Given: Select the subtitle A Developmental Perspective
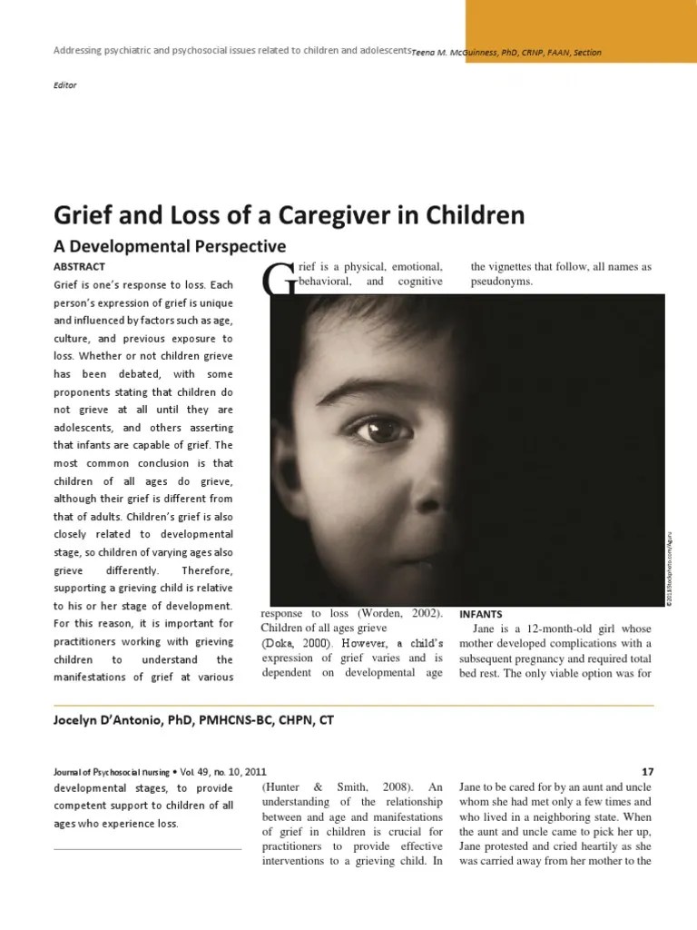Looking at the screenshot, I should click(x=171, y=246).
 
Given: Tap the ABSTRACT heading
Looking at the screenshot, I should click(x=80, y=266).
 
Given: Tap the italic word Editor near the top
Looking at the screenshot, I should click(x=66, y=85).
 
